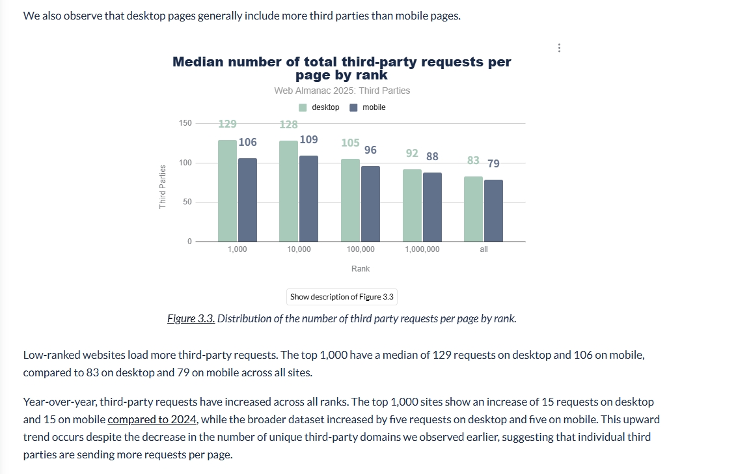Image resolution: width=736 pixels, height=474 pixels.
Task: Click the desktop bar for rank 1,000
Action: point(227,191)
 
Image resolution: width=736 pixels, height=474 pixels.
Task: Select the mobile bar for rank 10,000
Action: point(308,199)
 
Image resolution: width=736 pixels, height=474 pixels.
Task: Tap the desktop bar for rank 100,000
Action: point(350,200)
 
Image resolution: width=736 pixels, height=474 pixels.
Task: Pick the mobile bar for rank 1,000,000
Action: point(432,207)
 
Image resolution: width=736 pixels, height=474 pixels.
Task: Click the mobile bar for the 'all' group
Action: point(493,210)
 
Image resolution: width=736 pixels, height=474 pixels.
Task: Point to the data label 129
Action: point(227,124)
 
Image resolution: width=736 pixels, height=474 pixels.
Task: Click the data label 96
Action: point(370,150)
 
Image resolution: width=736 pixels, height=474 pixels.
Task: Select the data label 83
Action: point(473,161)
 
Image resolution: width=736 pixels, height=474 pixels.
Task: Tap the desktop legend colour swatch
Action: point(303,107)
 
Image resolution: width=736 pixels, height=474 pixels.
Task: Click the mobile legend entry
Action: point(368,107)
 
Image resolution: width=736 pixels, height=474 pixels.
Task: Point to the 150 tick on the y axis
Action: point(185,123)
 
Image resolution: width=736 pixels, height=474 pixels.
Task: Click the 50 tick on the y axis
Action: point(187,202)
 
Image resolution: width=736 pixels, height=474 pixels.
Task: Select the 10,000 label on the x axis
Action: point(299,249)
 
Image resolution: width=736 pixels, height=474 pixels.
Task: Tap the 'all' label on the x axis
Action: point(484,249)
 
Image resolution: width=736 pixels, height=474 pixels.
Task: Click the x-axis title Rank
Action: point(361,269)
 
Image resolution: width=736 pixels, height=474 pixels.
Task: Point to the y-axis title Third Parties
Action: point(163,187)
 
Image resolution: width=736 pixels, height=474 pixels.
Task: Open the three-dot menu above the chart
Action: point(559,48)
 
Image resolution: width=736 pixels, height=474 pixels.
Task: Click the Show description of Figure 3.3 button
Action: point(342,297)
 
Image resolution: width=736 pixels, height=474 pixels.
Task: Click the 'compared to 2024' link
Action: point(152,419)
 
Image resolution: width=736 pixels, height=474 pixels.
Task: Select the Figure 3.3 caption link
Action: point(191,318)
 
